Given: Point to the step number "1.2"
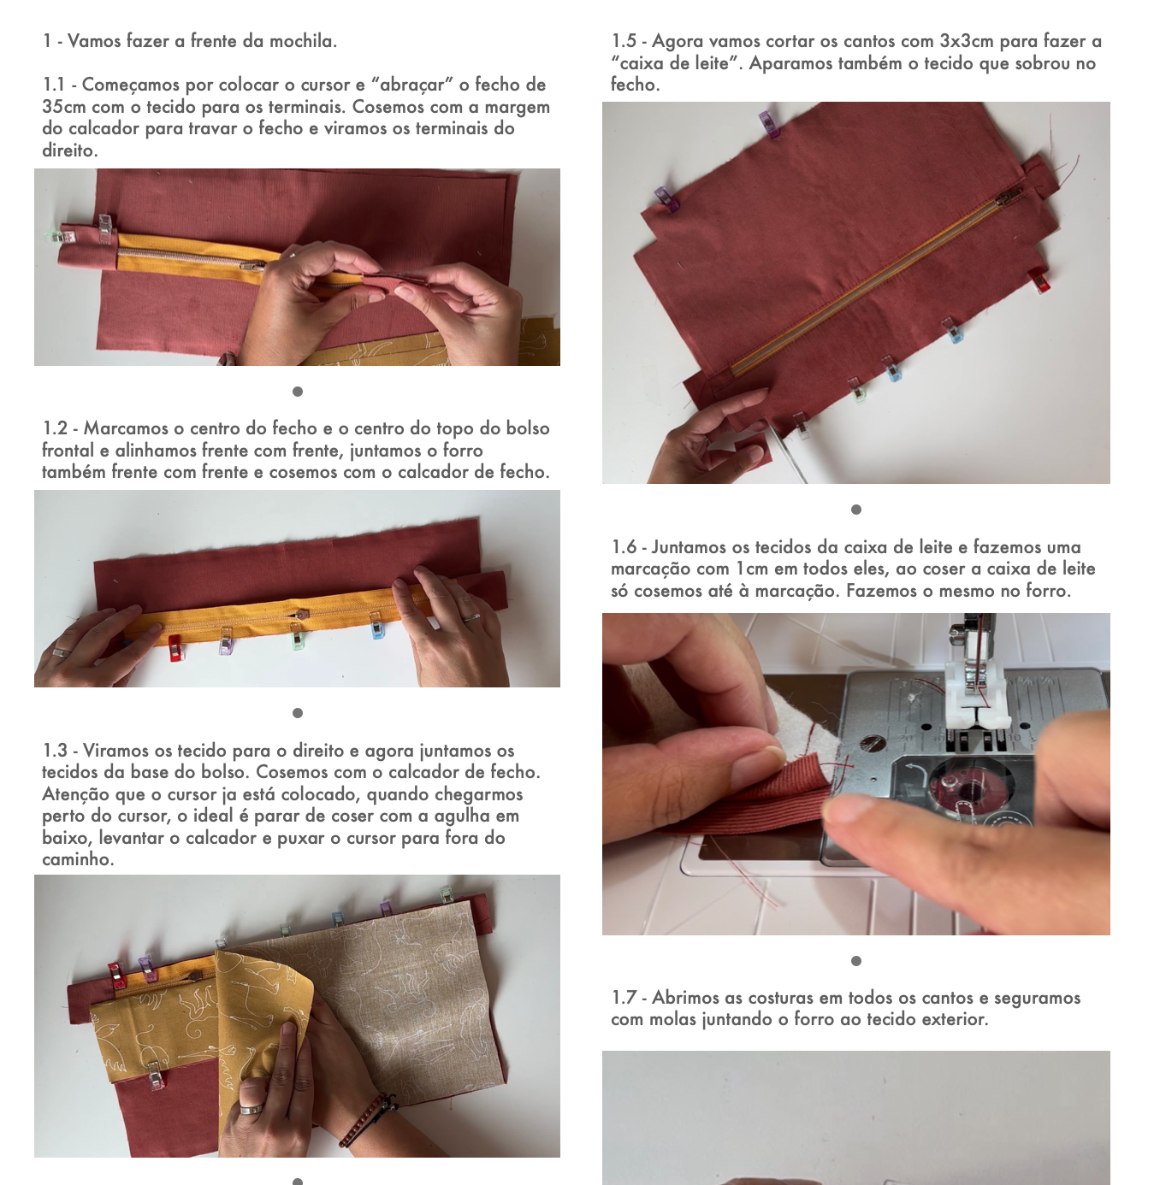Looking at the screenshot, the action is pyautogui.click(x=54, y=428).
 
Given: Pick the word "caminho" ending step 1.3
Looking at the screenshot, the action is pyautogui.click(x=77, y=859).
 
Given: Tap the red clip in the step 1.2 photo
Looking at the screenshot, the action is pyautogui.click(x=175, y=647).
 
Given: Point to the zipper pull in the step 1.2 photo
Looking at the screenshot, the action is pyautogui.click(x=301, y=615).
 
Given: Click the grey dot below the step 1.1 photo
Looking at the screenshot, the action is pyautogui.click(x=298, y=392).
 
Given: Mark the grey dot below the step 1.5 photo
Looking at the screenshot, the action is pyautogui.click(x=856, y=509).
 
